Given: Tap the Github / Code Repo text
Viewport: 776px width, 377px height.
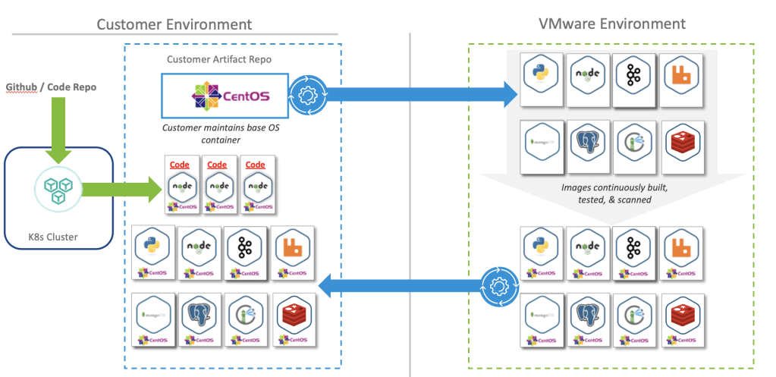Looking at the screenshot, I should tap(51, 87).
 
